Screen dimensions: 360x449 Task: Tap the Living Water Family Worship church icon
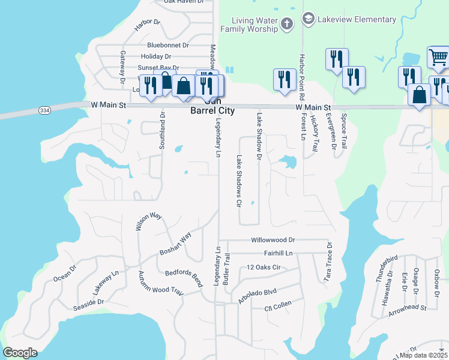coord(287,24)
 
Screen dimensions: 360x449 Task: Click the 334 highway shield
coord(44,110)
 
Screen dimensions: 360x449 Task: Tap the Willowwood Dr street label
coord(273,239)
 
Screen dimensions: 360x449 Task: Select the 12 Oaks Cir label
coord(264,268)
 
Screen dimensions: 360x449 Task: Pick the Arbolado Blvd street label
coord(257,295)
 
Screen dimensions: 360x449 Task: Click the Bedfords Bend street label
coord(184,275)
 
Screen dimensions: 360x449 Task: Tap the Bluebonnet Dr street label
coord(168,45)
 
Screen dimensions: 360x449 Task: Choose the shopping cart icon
coord(438,58)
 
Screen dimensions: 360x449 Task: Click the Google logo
coord(20,353)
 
